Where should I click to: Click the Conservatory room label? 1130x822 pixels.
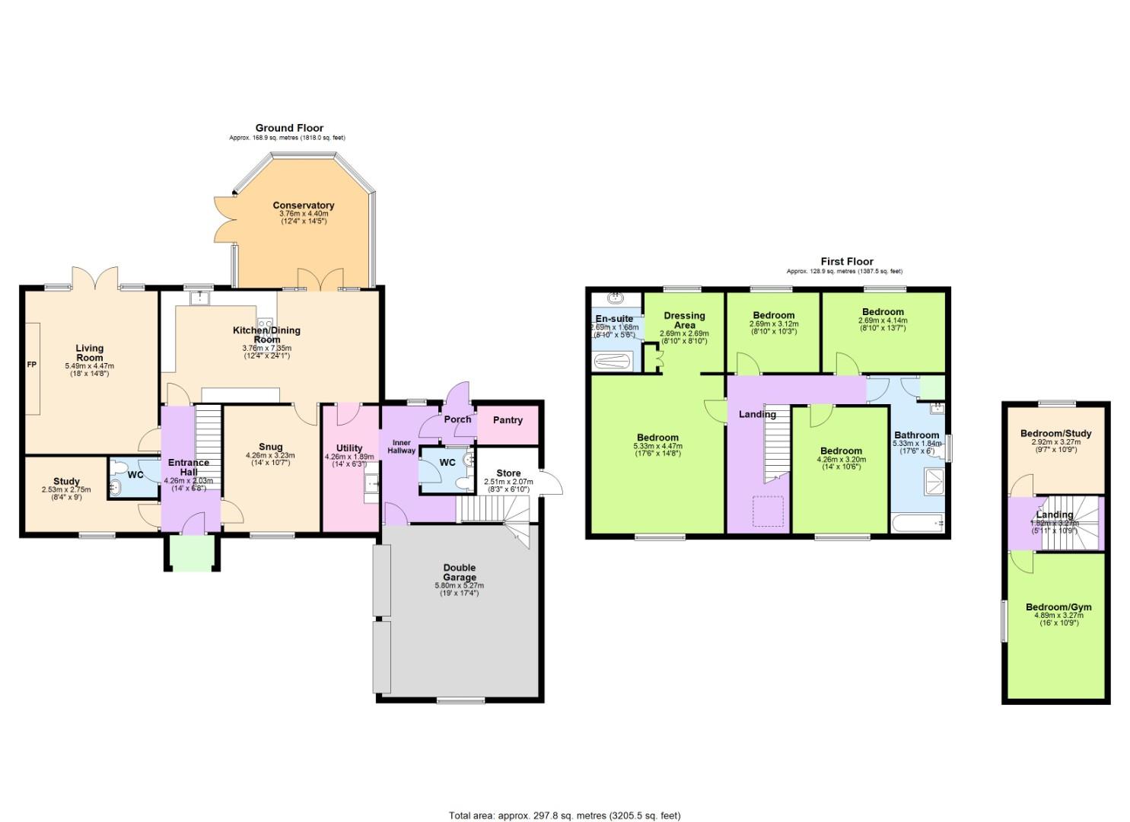coord(304,205)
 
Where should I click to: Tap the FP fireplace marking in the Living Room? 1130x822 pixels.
coord(32,365)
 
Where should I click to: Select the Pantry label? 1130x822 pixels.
coord(508,420)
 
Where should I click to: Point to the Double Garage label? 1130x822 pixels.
coord(459,572)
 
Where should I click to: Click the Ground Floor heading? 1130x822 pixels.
coord(289,128)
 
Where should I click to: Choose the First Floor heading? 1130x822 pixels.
coord(846,261)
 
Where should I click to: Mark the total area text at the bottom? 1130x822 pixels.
coord(565,816)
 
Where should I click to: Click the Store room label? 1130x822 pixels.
coord(508,473)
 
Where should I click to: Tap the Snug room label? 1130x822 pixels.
coord(270,447)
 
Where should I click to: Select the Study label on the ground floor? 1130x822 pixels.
coord(66,481)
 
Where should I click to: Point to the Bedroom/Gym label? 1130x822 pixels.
coord(1058,607)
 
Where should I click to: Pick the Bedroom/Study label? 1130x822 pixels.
coord(1055,434)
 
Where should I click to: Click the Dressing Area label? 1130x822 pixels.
coord(684,320)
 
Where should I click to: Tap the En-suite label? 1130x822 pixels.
coord(614,319)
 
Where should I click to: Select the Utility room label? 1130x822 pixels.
coord(349,448)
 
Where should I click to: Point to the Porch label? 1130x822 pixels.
coord(457,419)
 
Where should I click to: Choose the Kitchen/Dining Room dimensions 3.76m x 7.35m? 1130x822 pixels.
coord(266,348)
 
